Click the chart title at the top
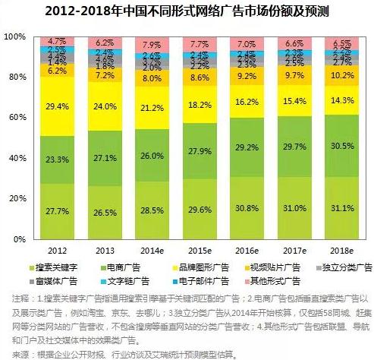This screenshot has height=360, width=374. click(x=187, y=10)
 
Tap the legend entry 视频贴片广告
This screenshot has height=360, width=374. click(x=270, y=267)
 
